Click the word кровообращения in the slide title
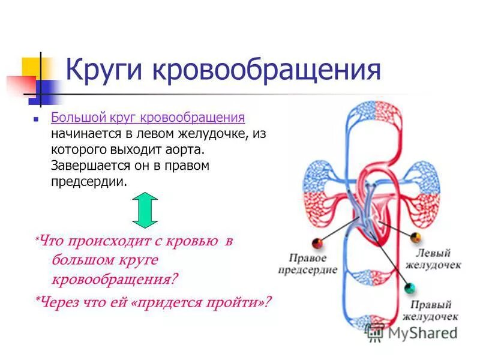pos(266,70)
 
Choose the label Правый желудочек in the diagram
pos(430,310)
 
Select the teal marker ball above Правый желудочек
pos(410,289)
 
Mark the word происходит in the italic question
pos(101,241)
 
